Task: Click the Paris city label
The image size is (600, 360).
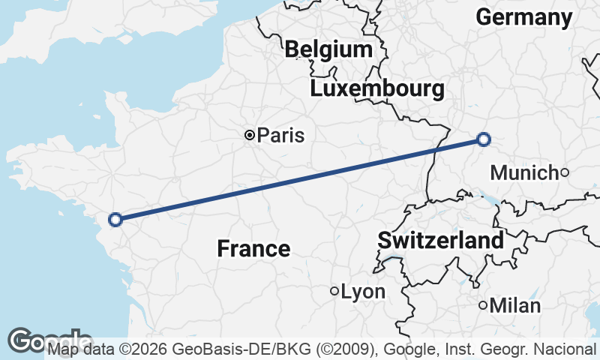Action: tap(280, 136)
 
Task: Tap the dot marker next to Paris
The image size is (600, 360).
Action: tap(249, 136)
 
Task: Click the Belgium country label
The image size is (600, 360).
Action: tap(328, 50)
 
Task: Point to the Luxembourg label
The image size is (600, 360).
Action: tap(376, 89)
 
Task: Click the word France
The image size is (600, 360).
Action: tap(253, 248)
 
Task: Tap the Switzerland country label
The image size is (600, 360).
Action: tap(440, 241)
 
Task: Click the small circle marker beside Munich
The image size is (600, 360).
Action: tap(565, 173)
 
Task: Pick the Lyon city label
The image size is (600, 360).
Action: tap(362, 292)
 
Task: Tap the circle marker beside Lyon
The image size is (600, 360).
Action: tap(334, 291)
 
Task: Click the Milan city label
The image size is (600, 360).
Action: tap(514, 306)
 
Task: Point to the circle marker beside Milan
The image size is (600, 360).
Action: tap(483, 305)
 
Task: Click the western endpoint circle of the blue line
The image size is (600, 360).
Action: tap(115, 220)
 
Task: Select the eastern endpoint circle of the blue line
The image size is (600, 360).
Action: tap(484, 139)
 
